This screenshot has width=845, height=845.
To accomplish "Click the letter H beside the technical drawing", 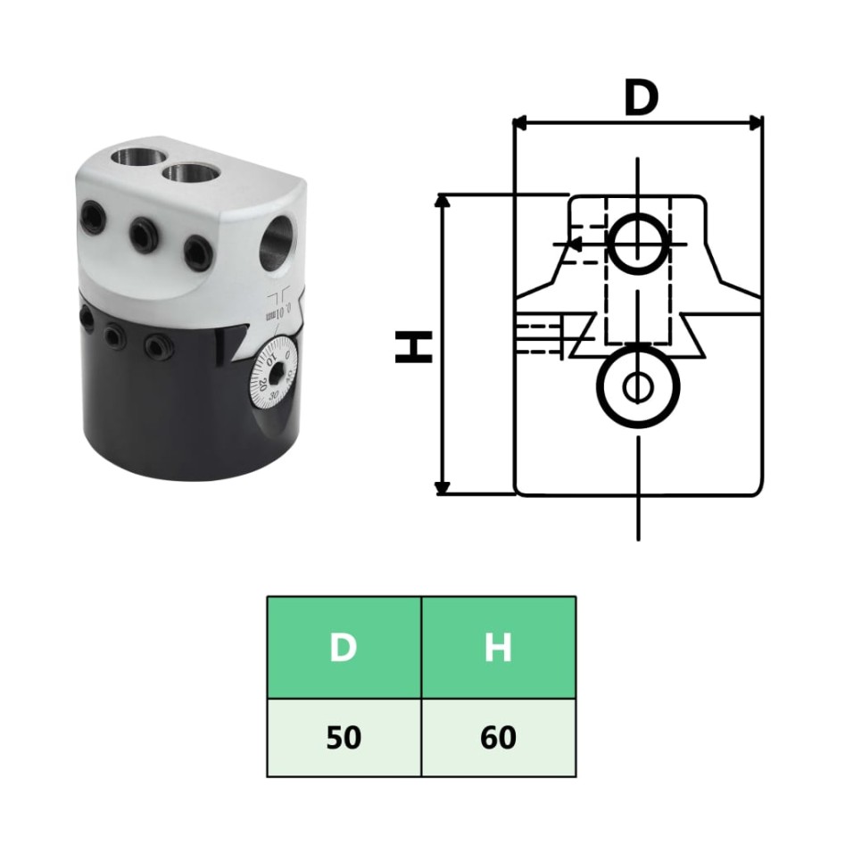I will pos(414,346).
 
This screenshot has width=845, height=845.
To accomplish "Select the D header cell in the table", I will pos(344,648).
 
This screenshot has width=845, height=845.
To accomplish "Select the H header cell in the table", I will pos(498,648).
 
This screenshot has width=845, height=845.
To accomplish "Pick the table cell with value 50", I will pos(344,738).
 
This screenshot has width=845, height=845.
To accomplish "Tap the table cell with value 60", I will pos(498,738).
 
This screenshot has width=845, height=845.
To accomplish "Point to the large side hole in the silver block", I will pos(278,241).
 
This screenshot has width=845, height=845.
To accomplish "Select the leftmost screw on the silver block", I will pos(92,214).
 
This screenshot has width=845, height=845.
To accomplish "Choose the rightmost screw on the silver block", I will pos(198,251).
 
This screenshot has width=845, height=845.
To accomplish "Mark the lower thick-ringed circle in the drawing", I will pos(637,387).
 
